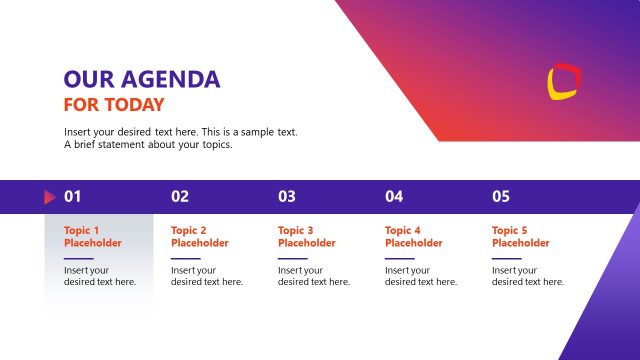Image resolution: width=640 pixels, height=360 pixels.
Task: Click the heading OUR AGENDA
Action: [142, 80]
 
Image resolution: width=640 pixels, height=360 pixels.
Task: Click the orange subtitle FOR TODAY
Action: [114, 105]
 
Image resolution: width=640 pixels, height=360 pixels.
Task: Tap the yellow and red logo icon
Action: [564, 81]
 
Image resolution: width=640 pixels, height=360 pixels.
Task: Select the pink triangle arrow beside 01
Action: [49, 197]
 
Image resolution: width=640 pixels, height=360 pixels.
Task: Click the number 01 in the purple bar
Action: [73, 197]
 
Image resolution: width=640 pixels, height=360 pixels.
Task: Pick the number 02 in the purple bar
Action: [180, 197]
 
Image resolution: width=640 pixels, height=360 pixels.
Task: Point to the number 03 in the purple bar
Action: [287, 197]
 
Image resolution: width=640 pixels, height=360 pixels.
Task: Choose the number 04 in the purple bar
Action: [394, 197]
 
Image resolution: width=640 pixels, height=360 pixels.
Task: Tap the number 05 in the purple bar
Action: [501, 197]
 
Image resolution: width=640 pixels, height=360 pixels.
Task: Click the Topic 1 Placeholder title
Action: [92, 236]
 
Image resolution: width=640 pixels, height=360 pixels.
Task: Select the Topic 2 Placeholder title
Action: [199, 236]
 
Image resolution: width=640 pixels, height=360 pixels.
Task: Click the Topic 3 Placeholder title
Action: [306, 236]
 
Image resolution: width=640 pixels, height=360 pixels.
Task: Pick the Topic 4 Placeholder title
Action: [413, 236]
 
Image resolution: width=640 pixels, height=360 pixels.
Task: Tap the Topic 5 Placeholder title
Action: [520, 236]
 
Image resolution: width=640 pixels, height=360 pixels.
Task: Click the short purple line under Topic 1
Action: [78, 258]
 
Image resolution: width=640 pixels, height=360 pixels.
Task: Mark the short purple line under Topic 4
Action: [399, 258]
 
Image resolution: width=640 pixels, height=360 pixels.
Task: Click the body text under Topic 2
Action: [206, 276]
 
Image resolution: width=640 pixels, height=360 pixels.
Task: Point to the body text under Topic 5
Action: [527, 276]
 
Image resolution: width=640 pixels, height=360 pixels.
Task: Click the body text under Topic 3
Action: [313, 276]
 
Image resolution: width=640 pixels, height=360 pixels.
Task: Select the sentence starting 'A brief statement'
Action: [148, 145]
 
